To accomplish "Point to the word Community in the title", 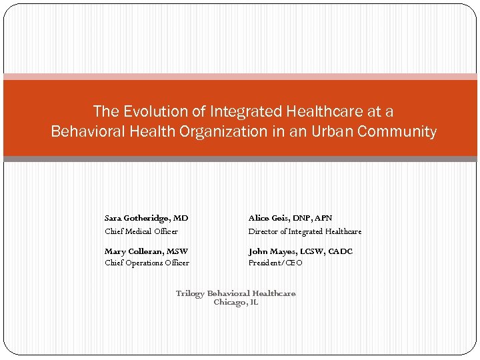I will (x=397, y=131).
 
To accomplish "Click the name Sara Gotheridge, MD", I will (x=146, y=218).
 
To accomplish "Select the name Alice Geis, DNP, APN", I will (x=290, y=218).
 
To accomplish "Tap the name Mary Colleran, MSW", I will (x=146, y=251).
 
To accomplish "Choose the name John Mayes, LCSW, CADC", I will (x=301, y=251).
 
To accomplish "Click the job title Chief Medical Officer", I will (x=141, y=231).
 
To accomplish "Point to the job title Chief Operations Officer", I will (x=147, y=263).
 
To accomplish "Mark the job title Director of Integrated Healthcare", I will (x=305, y=231).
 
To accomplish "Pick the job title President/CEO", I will (x=275, y=263).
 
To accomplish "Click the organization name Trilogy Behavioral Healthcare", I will (x=235, y=293).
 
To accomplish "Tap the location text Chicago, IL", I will (x=235, y=303).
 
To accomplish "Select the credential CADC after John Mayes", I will (x=341, y=251).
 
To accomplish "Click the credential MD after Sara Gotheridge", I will (x=181, y=218).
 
